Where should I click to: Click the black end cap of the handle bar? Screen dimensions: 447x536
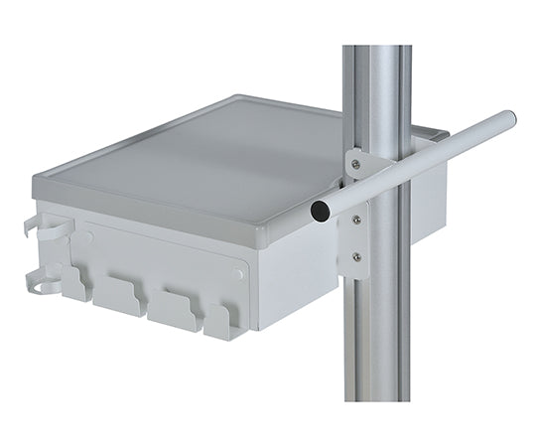321,211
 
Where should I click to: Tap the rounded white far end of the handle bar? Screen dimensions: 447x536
509,120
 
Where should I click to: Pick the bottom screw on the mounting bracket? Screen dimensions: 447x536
356,257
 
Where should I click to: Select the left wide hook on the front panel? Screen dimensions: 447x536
118,298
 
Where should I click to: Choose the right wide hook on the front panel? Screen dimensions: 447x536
175,308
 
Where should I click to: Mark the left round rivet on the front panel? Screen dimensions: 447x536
89,237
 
